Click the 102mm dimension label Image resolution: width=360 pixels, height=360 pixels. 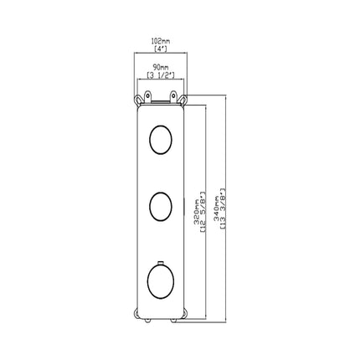(161, 42)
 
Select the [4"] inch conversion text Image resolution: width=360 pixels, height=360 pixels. (161, 49)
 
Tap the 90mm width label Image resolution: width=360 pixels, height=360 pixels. (161, 67)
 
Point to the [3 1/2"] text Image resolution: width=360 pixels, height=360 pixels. (161, 75)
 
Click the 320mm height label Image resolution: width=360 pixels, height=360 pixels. (197, 212)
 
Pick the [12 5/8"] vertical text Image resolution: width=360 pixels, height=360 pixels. (203, 212)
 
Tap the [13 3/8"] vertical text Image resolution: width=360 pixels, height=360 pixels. (224, 208)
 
